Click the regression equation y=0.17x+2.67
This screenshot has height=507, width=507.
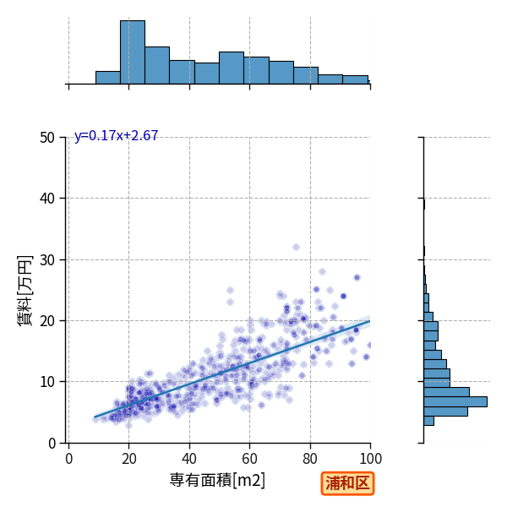click(x=116, y=135)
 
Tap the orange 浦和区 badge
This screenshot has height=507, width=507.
click(x=347, y=483)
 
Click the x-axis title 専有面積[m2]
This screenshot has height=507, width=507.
click(x=217, y=480)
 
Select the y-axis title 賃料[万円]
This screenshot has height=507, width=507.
click(x=25, y=291)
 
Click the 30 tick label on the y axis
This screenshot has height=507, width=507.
click(x=47, y=260)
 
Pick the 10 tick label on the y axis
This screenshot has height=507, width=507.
click(x=47, y=382)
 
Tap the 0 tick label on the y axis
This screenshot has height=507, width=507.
click(x=52, y=444)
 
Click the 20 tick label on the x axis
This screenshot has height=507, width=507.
click(x=129, y=459)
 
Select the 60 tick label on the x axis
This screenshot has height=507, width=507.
click(x=249, y=459)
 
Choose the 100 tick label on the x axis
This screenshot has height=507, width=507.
click(x=371, y=459)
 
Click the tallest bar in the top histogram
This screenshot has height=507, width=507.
click(x=133, y=52)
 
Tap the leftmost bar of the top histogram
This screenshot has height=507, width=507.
click(x=108, y=78)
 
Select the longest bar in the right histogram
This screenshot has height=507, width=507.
click(x=455, y=401)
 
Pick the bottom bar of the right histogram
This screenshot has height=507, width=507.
click(x=428, y=421)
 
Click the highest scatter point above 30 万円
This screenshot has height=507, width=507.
click(x=296, y=248)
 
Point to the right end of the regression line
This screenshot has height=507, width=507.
click(x=370, y=321)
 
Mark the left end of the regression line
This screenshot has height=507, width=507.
click(x=95, y=417)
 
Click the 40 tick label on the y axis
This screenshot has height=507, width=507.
click(x=47, y=199)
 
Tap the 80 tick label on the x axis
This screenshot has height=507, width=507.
click(x=310, y=459)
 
